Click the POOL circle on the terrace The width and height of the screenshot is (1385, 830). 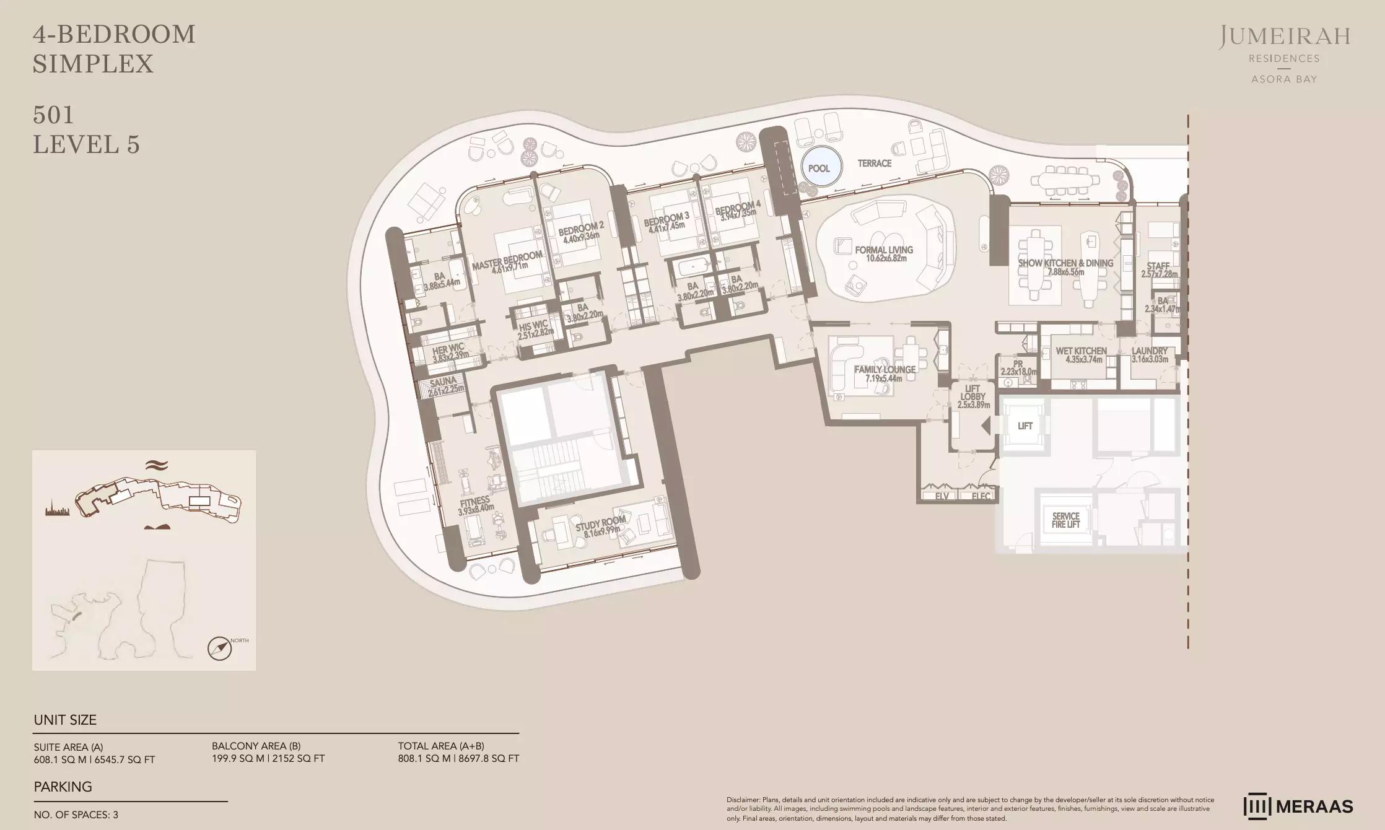point(819,168)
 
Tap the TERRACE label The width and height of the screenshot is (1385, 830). point(874,164)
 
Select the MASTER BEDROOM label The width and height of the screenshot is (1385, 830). point(507,261)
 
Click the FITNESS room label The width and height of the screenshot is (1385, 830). point(475,500)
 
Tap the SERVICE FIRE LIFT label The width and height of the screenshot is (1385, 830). point(1065,520)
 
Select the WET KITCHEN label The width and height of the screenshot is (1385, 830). point(1081,351)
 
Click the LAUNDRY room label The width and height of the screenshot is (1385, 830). point(1149,351)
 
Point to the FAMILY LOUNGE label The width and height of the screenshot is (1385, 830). point(885,370)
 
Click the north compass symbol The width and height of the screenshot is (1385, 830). point(219,649)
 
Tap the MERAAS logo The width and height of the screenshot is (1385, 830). point(1298,806)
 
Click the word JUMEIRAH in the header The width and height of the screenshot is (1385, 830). point(1284,37)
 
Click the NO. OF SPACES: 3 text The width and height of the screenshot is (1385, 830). point(76,815)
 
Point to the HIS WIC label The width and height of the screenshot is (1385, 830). point(533,327)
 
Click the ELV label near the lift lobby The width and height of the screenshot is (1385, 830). point(942,496)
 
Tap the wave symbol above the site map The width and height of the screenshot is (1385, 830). point(157,465)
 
